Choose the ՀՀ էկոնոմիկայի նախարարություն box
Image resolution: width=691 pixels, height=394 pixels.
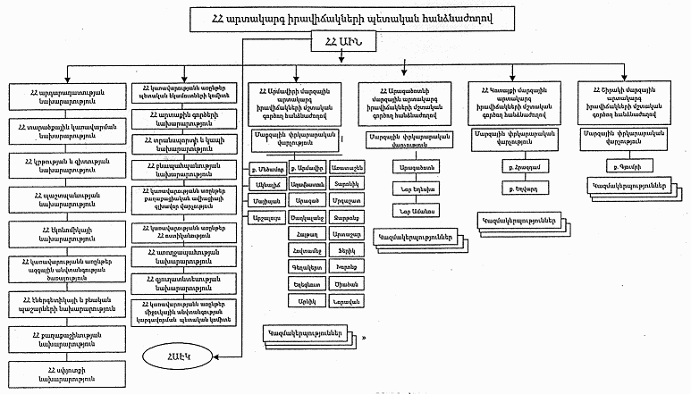pos(58,230)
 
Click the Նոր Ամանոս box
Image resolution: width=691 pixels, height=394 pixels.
pos(411,209)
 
